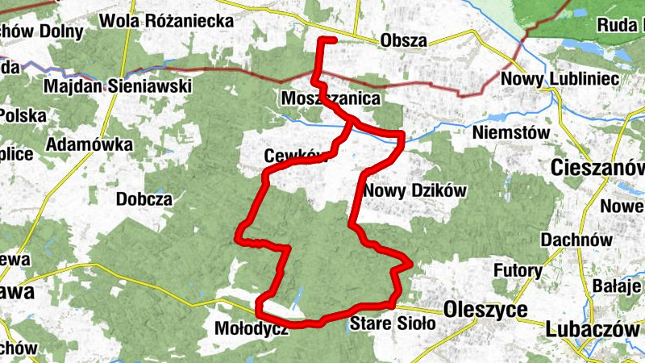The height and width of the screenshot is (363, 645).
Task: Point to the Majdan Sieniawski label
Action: click(x=118, y=85)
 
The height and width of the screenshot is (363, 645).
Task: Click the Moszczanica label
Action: click(x=331, y=98)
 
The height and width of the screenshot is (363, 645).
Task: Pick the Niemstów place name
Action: click(x=512, y=131)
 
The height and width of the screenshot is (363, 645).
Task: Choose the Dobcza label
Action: click(x=144, y=198)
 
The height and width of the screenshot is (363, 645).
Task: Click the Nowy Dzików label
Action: click(x=415, y=190)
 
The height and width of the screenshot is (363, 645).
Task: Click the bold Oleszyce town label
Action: click(x=485, y=310)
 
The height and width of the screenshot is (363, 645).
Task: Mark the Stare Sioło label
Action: click(x=393, y=323)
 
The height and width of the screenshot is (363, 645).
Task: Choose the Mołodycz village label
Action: click(x=251, y=328)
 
